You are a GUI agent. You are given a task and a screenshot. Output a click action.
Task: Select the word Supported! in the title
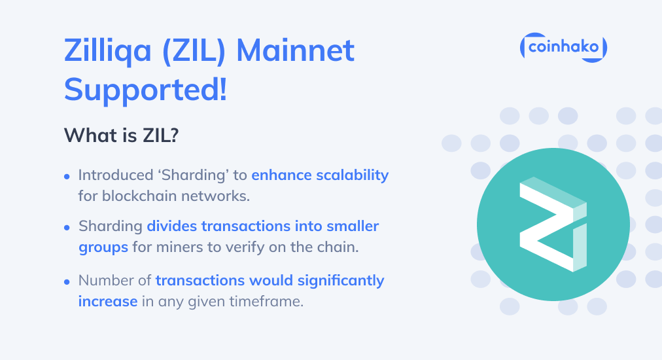click(145, 88)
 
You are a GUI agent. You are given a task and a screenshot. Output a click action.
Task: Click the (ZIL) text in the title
click(196, 50)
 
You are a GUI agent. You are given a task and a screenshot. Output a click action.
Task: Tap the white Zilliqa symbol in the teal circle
click(553, 225)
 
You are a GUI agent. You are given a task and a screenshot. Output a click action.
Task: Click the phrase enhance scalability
click(320, 175)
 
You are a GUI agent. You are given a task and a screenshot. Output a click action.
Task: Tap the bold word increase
click(108, 302)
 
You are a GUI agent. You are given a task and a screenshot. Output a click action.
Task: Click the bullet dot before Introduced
click(67, 177)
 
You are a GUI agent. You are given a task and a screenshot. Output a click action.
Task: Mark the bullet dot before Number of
click(67, 282)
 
